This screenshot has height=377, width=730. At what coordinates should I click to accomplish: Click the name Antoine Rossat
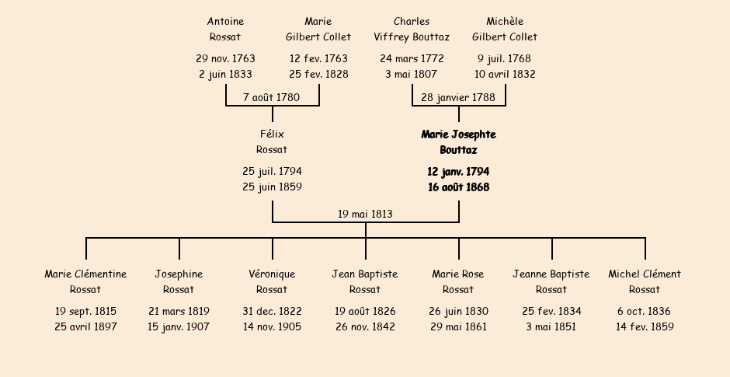pos(225,29)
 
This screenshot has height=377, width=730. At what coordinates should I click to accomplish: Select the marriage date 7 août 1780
pos(272,97)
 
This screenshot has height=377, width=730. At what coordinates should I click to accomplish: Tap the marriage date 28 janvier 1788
pos(458,97)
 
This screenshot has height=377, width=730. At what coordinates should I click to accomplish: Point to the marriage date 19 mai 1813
pos(365,214)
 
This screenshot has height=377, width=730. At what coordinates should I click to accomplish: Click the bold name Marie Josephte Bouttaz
pos(458,142)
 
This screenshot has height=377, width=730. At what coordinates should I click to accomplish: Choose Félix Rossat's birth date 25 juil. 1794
pos(272,172)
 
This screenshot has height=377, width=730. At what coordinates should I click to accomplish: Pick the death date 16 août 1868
pos(458,187)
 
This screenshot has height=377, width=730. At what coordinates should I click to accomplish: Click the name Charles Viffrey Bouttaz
pos(412,29)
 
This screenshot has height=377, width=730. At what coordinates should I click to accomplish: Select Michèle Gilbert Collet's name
pos(505,29)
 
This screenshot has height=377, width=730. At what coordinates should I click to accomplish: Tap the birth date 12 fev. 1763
pos(318,59)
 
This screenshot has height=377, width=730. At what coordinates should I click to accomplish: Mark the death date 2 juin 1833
pos(225,74)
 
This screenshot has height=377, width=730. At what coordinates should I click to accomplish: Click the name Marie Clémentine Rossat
pos(85,281)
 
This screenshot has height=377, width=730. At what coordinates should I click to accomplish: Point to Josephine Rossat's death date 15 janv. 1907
pos(179,326)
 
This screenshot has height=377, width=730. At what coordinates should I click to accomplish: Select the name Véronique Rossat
pos(272,281)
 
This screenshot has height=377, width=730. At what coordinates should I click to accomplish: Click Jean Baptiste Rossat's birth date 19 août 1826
pos(365,311)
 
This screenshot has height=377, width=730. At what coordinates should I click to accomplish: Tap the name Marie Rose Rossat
pos(458,281)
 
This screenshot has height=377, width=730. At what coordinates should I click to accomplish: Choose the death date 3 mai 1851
pos(551,326)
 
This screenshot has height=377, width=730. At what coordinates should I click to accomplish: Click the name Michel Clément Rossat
pos(645,281)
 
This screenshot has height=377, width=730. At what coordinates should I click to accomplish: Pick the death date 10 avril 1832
pos(505,74)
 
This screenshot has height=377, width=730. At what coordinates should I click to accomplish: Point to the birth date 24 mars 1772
pos(412,59)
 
